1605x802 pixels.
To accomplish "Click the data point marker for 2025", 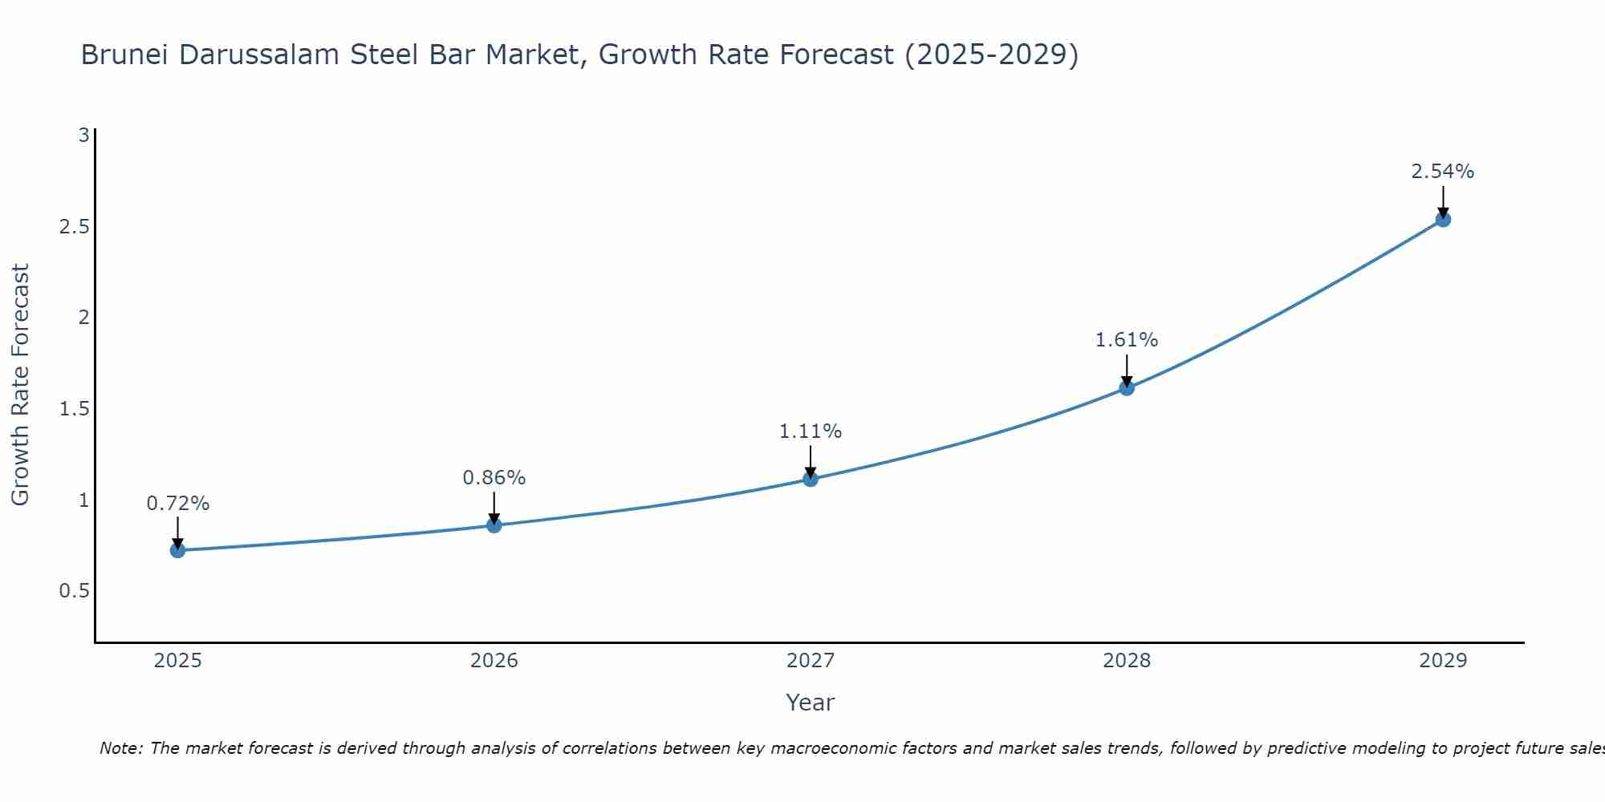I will coord(178,550).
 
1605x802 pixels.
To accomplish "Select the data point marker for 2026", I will coord(494,525).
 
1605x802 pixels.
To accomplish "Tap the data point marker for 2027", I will coord(811,480).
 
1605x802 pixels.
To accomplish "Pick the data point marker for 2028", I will coord(1127,388).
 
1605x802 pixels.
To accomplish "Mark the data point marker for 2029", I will coord(1443,220).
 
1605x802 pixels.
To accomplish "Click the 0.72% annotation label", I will coord(178,504).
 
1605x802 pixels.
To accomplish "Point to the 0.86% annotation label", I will coord(494,478).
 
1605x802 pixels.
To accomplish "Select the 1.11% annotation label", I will coord(811,431).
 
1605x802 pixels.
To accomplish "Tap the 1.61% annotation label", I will coord(1127,340).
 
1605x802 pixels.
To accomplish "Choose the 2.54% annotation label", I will coord(1443,172).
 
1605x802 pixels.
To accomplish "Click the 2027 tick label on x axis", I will coord(811,661).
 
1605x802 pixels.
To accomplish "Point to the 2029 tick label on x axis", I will coord(1443,661).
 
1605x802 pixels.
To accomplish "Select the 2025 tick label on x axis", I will coord(178,661).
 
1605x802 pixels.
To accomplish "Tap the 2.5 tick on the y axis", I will coord(74,227).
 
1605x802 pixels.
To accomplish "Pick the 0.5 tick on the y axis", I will coord(74,591).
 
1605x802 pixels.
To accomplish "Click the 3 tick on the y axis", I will coord(83,136).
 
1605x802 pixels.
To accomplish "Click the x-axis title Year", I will coord(811,703).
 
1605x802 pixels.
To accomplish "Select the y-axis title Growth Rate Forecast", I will coord(20,385).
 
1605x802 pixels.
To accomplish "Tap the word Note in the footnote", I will coord(120,748).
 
